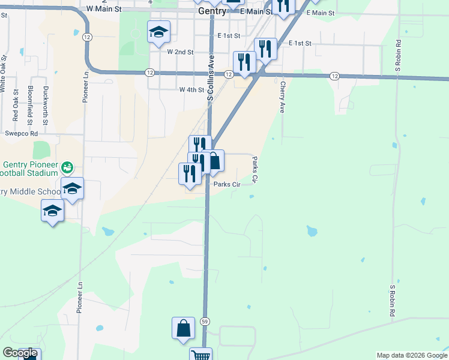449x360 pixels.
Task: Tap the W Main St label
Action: (x=104, y=10)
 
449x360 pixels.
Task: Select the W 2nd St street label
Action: (x=180, y=52)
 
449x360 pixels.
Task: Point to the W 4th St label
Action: (x=191, y=89)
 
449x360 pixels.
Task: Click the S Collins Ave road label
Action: (x=211, y=78)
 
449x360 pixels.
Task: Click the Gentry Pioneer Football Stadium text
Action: (x=30, y=171)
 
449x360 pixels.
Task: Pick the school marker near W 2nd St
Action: (x=158, y=32)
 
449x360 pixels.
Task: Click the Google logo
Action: (x=20, y=353)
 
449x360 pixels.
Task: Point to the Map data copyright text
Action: (x=411, y=355)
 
